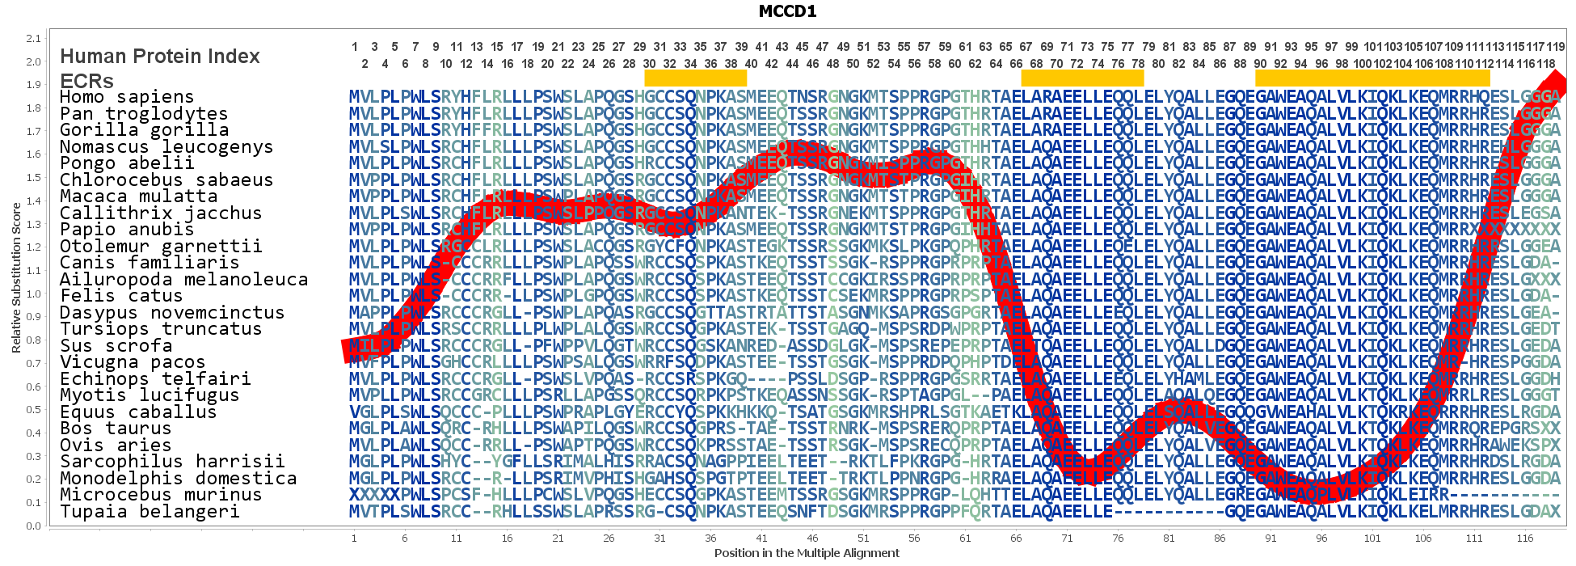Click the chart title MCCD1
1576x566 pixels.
(x=787, y=11)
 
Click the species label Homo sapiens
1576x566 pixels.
(x=127, y=97)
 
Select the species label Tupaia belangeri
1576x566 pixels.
(x=150, y=512)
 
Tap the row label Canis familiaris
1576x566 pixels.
(x=150, y=263)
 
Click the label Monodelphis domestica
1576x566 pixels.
(x=178, y=479)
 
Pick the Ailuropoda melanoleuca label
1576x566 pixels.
(x=183, y=280)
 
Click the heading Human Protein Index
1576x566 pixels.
(x=160, y=57)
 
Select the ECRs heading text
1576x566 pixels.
(x=86, y=81)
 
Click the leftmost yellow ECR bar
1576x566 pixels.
(x=695, y=78)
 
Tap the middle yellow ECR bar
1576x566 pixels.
(x=1082, y=78)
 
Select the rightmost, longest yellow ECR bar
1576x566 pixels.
(x=1372, y=78)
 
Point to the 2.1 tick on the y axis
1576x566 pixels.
(x=33, y=38)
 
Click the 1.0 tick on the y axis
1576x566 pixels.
(x=33, y=294)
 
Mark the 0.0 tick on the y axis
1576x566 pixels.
(x=33, y=526)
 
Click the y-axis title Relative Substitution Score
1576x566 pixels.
(x=16, y=278)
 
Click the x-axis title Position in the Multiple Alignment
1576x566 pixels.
(x=806, y=553)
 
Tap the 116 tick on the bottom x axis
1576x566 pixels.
(x=1524, y=538)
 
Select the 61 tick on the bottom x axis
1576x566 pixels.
(x=965, y=538)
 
